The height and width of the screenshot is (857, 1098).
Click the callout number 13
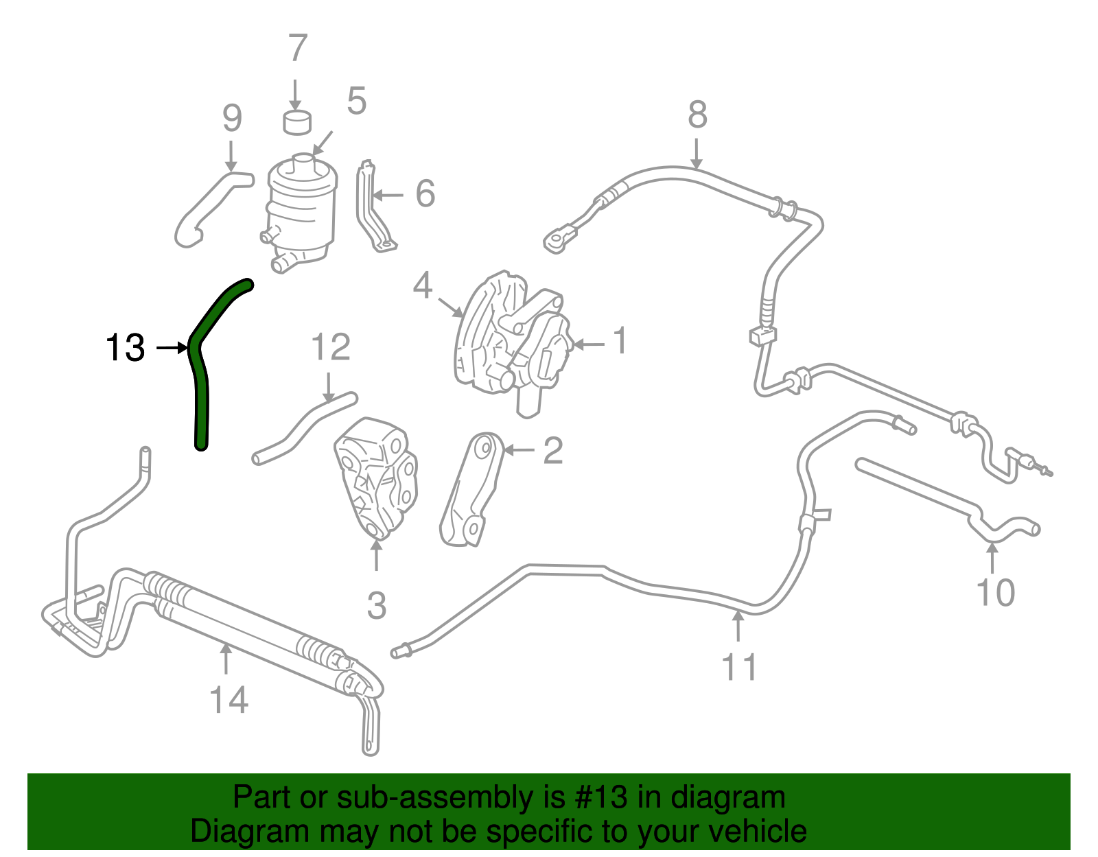tap(125, 348)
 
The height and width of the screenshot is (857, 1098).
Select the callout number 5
tap(356, 101)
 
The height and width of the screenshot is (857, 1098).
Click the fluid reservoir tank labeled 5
tap(301, 206)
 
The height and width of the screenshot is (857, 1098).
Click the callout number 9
tap(232, 118)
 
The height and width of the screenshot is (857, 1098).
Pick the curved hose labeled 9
tap(209, 206)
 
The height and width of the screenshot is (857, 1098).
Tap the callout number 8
tap(697, 115)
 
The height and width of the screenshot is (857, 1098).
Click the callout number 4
tap(422, 285)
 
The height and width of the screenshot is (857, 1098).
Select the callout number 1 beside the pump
tap(620, 341)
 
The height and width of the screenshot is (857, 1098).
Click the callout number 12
tap(330, 348)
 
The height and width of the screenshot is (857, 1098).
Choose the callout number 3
tap(376, 606)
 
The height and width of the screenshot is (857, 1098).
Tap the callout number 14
tap(228, 700)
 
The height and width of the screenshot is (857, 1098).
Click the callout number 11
tap(739, 667)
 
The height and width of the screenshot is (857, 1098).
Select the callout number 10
tap(995, 592)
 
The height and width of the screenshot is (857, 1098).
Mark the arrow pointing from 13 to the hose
tap(172, 349)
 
